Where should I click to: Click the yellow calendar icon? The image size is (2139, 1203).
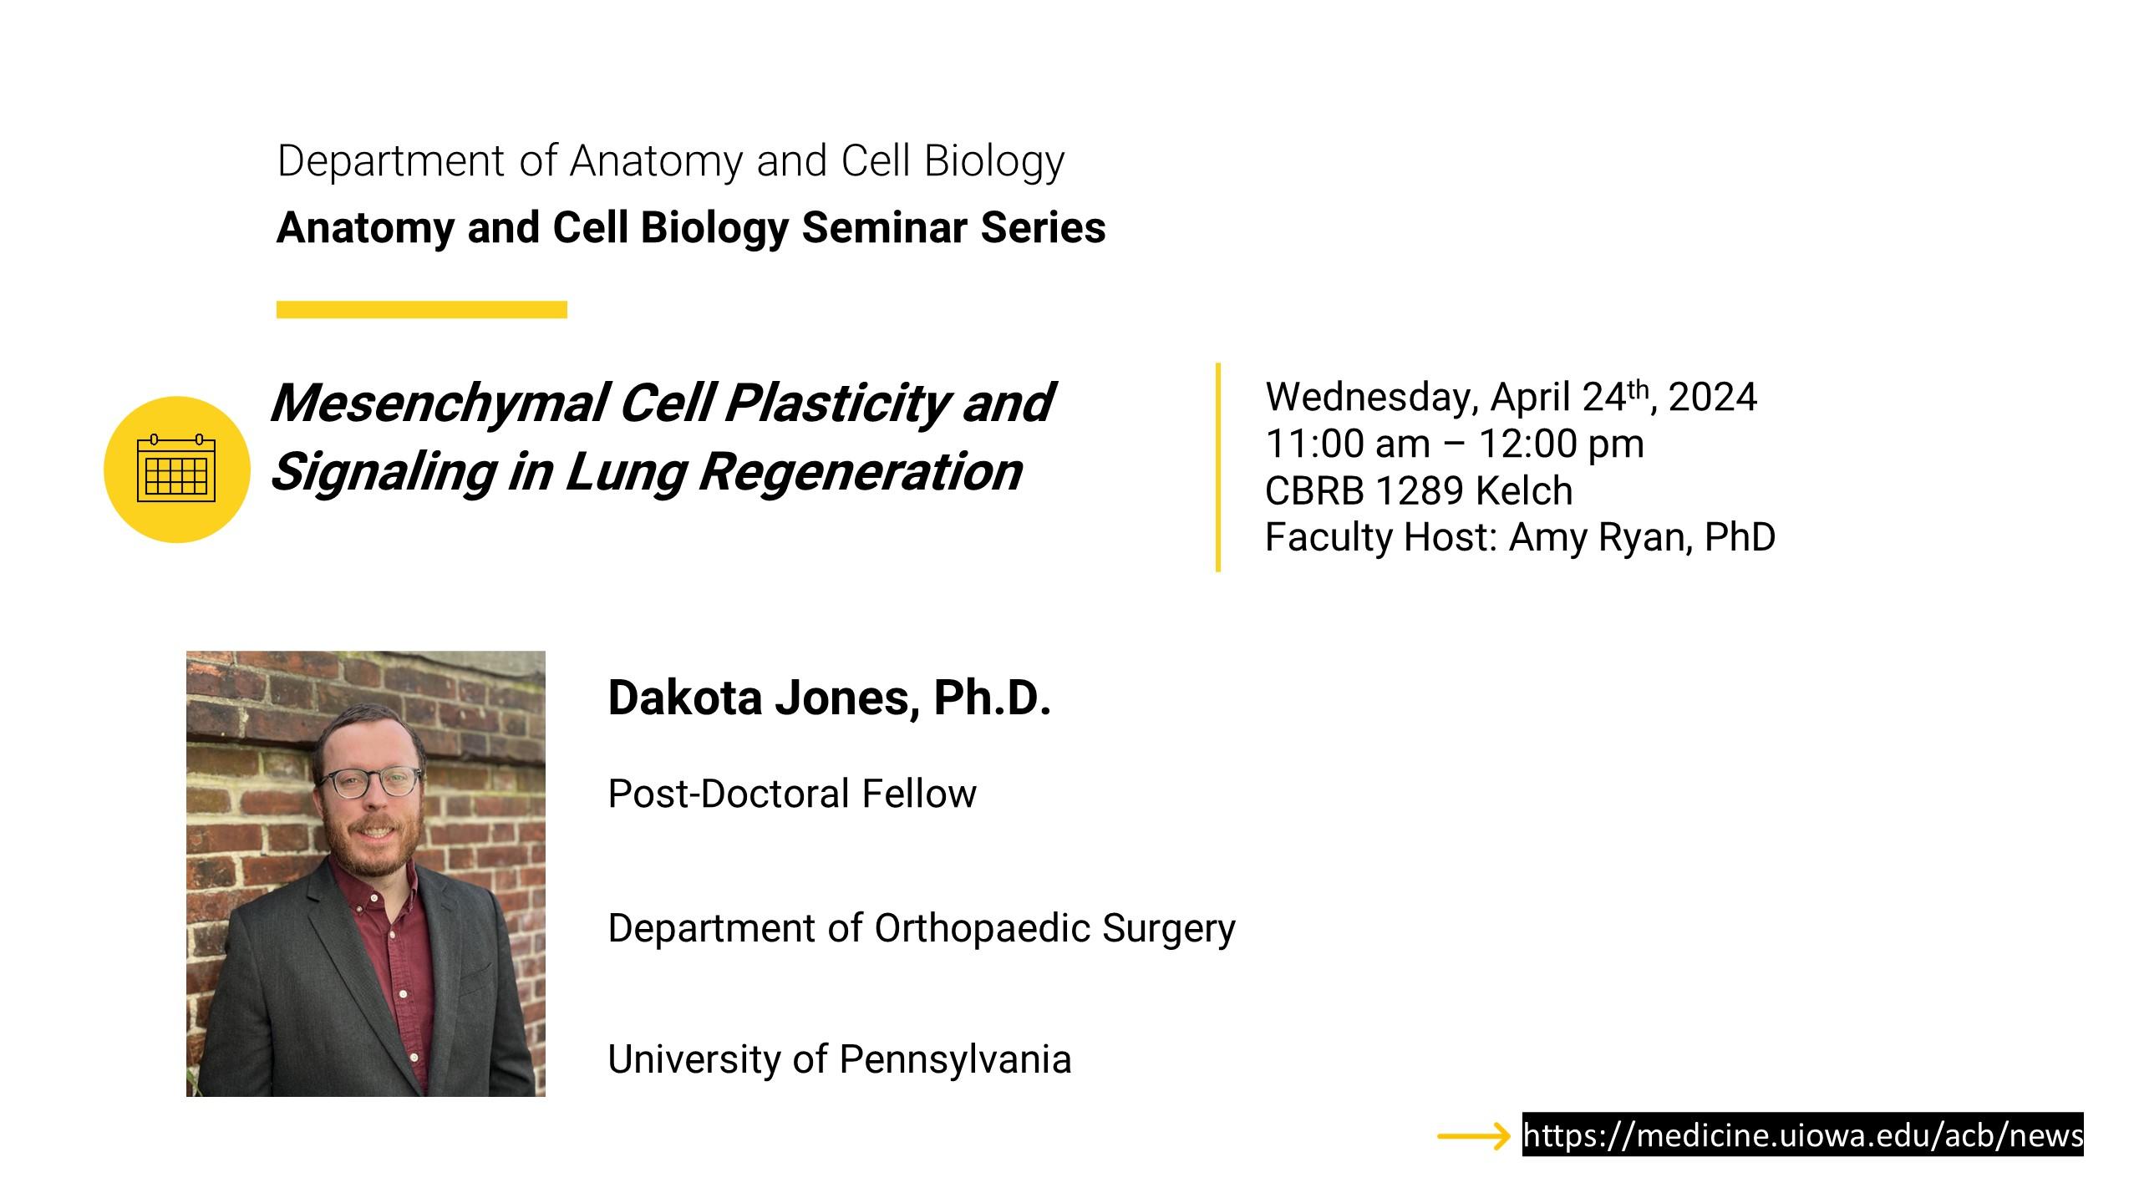pyautogui.click(x=176, y=470)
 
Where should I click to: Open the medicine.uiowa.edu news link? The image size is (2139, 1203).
pyautogui.click(x=1803, y=1135)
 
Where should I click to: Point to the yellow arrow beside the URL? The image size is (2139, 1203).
pyautogui.click(x=1474, y=1136)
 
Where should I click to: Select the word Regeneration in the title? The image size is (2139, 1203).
pyautogui.click(x=861, y=472)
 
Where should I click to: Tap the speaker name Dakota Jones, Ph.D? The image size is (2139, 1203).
pyautogui.click(x=829, y=698)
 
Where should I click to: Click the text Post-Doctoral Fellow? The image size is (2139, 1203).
pyautogui.click(x=792, y=794)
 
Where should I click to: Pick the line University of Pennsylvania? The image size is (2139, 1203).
pyautogui.click(x=840, y=1059)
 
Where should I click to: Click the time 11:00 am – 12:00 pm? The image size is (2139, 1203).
pyautogui.click(x=1455, y=444)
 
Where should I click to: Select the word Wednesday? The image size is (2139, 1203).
pyautogui.click(x=1372, y=398)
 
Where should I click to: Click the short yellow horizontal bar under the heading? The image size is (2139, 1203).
pyautogui.click(x=422, y=310)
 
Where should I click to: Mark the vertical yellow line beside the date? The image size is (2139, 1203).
pyautogui.click(x=1218, y=467)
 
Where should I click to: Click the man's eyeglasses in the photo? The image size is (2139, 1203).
pyautogui.click(x=368, y=782)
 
